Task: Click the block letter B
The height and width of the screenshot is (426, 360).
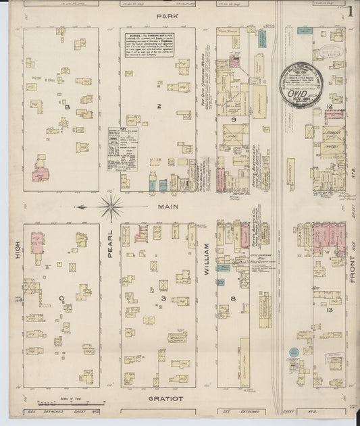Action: [x=68, y=106]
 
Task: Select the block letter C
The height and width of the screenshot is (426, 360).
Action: [x=61, y=296]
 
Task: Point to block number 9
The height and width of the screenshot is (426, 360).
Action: [x=232, y=119]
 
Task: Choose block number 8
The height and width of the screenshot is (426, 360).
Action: [x=232, y=297]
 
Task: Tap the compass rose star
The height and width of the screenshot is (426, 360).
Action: [x=111, y=207]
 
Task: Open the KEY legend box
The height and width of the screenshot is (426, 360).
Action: [x=122, y=149]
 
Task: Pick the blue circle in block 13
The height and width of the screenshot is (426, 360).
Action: [x=294, y=352]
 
